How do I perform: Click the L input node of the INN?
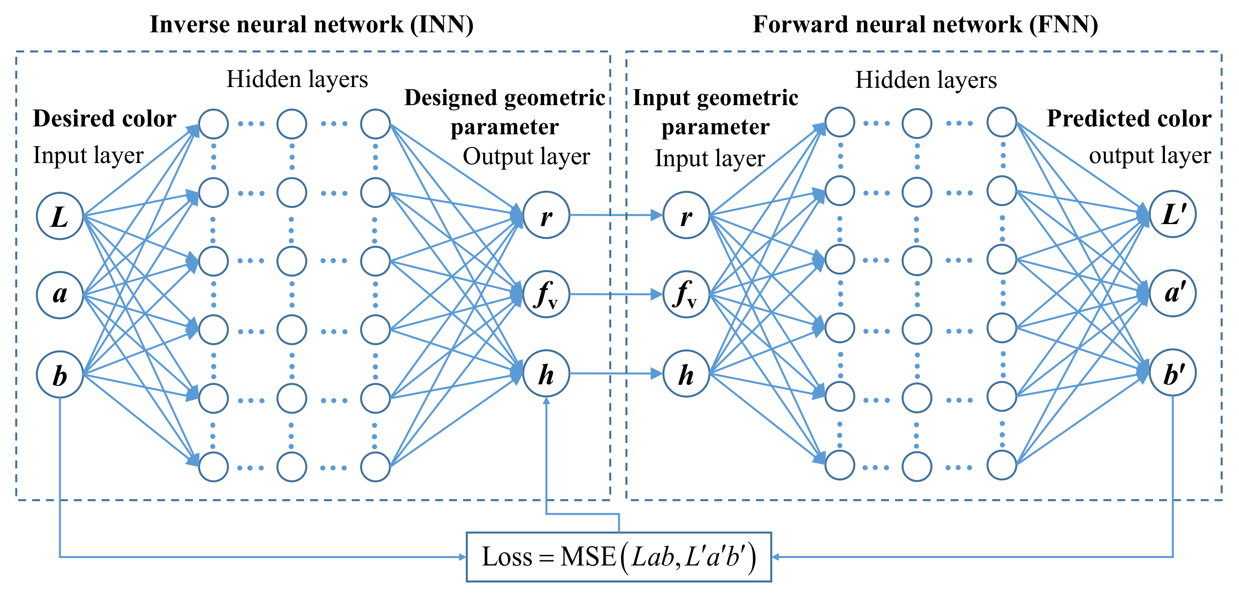(60, 216)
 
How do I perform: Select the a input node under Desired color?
(60, 295)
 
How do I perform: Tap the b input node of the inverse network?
(60, 374)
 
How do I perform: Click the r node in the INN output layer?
(546, 215)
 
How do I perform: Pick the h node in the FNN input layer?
(686, 373)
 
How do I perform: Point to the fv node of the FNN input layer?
(686, 294)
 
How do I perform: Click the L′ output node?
(1173, 214)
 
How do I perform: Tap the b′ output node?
(1173, 373)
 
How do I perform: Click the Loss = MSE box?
(619, 556)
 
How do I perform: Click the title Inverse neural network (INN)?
(312, 24)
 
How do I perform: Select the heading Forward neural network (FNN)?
(925, 24)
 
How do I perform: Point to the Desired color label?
(104, 118)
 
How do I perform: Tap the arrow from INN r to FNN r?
(616, 215)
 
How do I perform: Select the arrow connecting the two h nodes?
(616, 373)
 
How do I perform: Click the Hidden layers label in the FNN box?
(925, 80)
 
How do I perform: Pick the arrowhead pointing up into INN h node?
(546, 401)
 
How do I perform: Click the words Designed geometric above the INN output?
(504, 98)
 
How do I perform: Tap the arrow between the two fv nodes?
(616, 294)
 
